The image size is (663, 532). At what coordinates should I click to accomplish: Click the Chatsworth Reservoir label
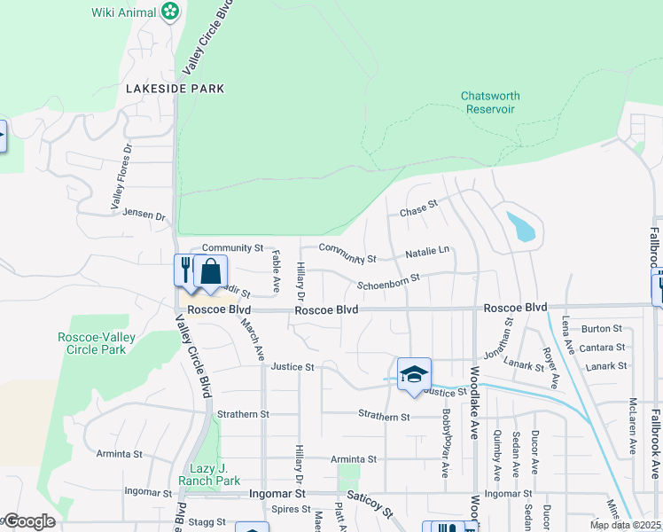[490, 102]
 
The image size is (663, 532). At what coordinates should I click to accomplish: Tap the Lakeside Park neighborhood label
[175, 89]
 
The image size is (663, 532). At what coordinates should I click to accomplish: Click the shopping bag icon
[211, 271]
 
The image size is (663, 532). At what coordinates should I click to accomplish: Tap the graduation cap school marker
[414, 373]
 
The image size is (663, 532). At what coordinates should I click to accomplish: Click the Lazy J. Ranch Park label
[215, 474]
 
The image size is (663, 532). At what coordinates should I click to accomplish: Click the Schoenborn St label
[387, 284]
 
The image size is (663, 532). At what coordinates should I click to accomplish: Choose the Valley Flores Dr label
[121, 177]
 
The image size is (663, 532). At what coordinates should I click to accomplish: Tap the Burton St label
[603, 329]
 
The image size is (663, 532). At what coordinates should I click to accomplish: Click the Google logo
[28, 521]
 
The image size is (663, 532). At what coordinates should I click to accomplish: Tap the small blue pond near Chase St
[521, 227]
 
